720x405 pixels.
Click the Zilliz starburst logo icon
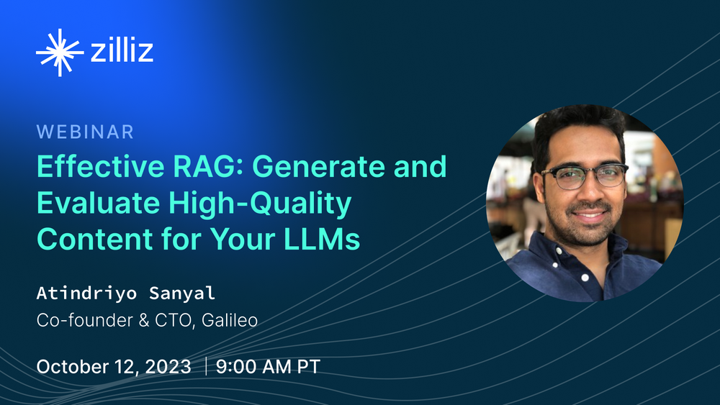(60, 53)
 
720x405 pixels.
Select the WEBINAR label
(85, 132)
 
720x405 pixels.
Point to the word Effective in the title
(100, 166)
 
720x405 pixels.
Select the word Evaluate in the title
(98, 202)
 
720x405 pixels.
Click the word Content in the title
(94, 240)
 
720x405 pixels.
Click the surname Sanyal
(182, 293)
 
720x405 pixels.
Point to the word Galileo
(230, 320)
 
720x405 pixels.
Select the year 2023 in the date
(168, 366)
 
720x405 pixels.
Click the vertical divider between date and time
(206, 366)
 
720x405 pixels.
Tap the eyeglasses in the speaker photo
(585, 176)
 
